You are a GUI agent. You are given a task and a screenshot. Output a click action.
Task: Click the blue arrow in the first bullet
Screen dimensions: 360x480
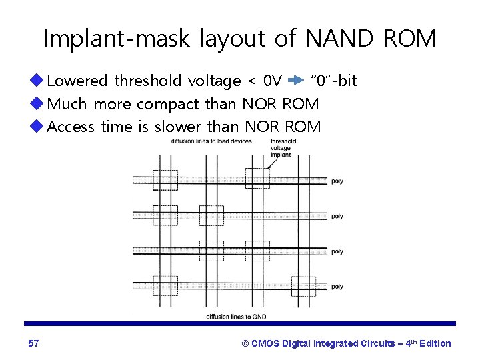coord(295,81)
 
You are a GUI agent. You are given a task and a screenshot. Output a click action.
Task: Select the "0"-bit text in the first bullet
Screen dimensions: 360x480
coord(335,81)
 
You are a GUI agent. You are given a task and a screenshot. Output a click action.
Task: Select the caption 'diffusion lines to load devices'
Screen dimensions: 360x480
coord(201,141)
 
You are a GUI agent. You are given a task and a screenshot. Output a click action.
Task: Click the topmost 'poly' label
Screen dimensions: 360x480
coord(337,181)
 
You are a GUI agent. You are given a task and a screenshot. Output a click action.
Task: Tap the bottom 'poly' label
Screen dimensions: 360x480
coord(337,287)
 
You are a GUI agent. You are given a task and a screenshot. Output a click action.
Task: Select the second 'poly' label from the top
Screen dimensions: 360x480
coord(337,216)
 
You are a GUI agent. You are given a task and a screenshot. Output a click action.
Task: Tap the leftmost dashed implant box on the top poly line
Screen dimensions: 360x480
coord(165,179)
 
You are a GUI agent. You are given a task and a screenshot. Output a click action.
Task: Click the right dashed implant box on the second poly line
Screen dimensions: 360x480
coord(258,215)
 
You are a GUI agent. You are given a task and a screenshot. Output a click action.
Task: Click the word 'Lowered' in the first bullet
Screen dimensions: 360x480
coord(77,81)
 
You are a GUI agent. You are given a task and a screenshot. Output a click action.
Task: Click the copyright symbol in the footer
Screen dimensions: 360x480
coord(245,343)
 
